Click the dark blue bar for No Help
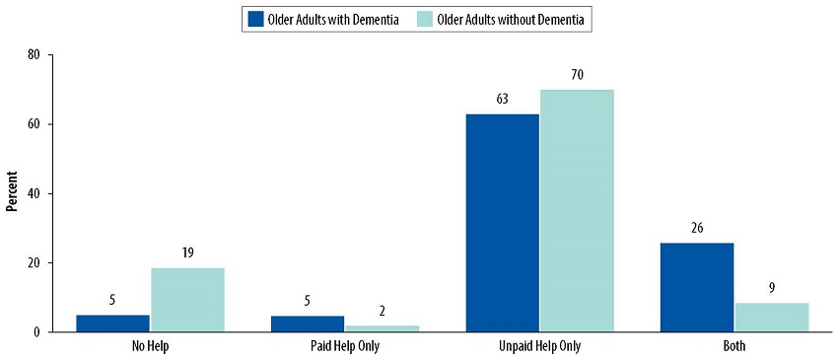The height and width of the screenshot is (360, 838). click(x=113, y=324)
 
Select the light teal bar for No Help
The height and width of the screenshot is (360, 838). click(x=187, y=300)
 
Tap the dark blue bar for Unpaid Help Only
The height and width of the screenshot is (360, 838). click(x=503, y=223)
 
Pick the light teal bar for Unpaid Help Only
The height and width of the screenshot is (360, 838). click(x=577, y=211)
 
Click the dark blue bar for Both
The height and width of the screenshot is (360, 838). click(x=697, y=287)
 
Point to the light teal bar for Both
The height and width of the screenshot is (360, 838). click(x=771, y=317)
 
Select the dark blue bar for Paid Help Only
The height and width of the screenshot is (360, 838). click(x=308, y=324)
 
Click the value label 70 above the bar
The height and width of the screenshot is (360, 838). click(x=577, y=75)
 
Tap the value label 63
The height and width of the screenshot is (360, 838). click(x=503, y=100)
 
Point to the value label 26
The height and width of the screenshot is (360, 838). click(x=697, y=228)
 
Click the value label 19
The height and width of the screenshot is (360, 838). click(x=187, y=252)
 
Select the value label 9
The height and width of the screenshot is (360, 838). click(x=771, y=288)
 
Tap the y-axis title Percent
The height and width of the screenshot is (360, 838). click(x=12, y=193)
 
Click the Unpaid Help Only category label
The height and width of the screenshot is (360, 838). click(x=539, y=347)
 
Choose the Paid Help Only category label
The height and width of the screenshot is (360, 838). click(x=345, y=347)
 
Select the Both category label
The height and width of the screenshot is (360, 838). click(x=733, y=347)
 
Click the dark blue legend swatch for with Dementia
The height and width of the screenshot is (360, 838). click(x=255, y=19)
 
